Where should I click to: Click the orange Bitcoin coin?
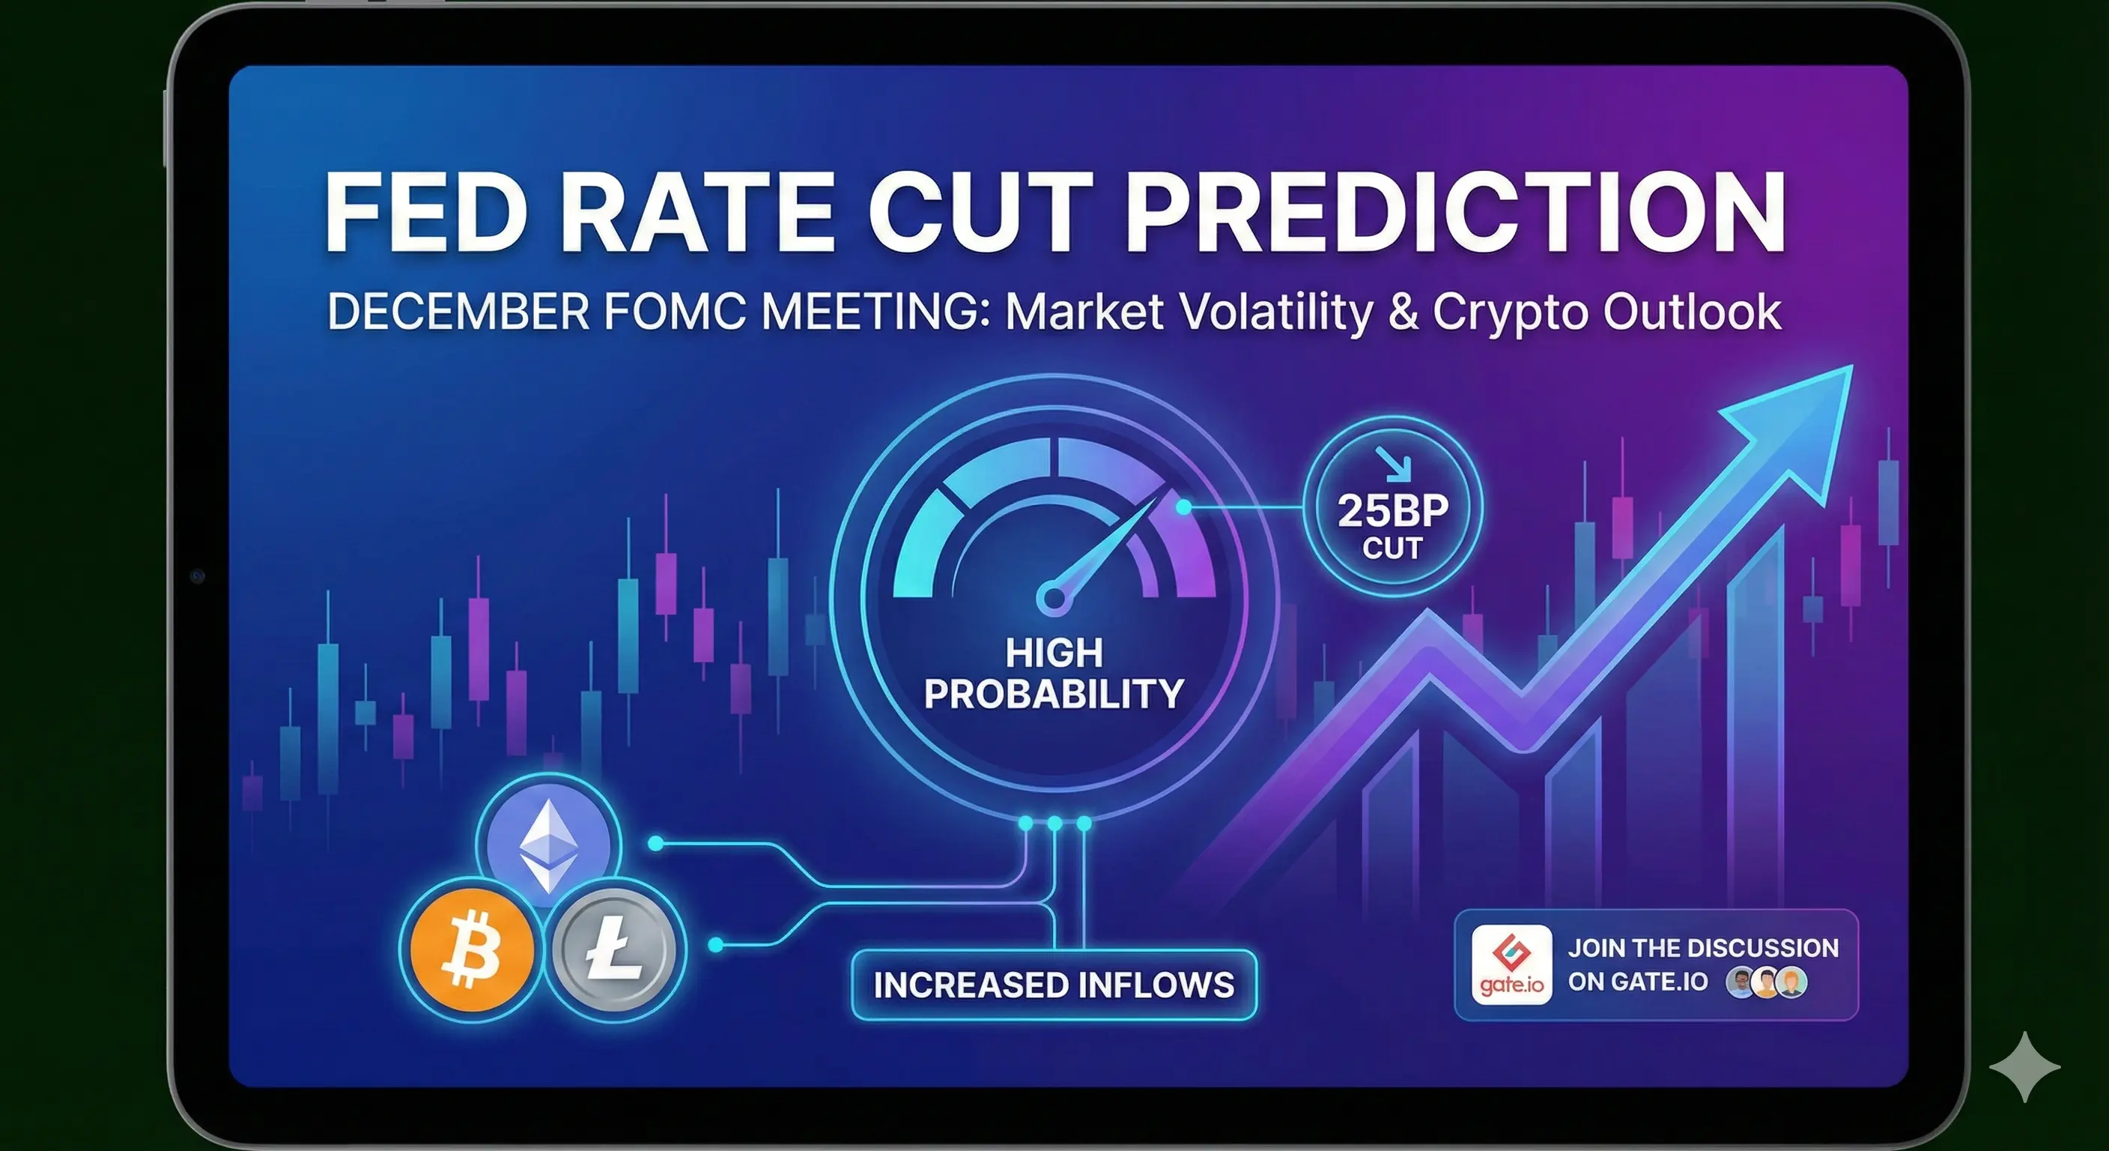point(472,949)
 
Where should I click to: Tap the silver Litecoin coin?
point(614,949)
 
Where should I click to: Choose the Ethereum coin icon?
point(548,844)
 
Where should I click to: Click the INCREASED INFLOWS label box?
point(1054,985)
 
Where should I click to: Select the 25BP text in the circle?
point(1392,510)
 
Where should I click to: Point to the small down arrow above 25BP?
point(1394,464)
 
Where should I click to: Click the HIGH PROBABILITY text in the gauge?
point(1054,673)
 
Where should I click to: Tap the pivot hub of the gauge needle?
point(1054,597)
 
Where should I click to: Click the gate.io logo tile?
point(1511,965)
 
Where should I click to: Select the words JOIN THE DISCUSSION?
point(1703,948)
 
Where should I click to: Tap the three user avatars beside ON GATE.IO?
point(1766,982)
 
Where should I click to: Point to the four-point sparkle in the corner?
point(2024,1066)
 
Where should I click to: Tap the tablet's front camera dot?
point(196,577)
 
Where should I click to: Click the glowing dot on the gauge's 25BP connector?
point(1183,507)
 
